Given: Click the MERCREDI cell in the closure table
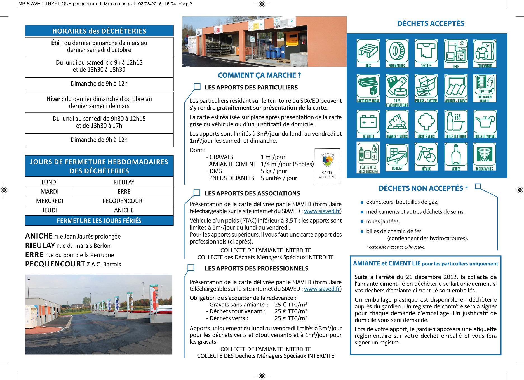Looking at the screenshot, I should click(x=50, y=201).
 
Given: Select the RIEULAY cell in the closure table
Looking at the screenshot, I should click(x=124, y=182).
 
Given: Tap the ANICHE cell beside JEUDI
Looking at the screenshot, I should click(x=124, y=210).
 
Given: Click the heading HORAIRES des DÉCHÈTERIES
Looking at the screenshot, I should click(x=99, y=31).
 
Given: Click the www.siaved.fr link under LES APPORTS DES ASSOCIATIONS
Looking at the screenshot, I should click(x=322, y=211).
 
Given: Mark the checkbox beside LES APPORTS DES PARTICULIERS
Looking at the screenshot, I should click(x=197, y=87).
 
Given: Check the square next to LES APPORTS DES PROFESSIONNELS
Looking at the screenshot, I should click(x=191, y=268).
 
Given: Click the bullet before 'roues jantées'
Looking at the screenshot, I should click(x=362, y=222).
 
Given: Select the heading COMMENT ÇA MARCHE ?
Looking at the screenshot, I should click(x=259, y=75).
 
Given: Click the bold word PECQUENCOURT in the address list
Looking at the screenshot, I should click(x=55, y=264).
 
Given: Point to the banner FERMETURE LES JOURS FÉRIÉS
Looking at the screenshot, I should click(x=99, y=221).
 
